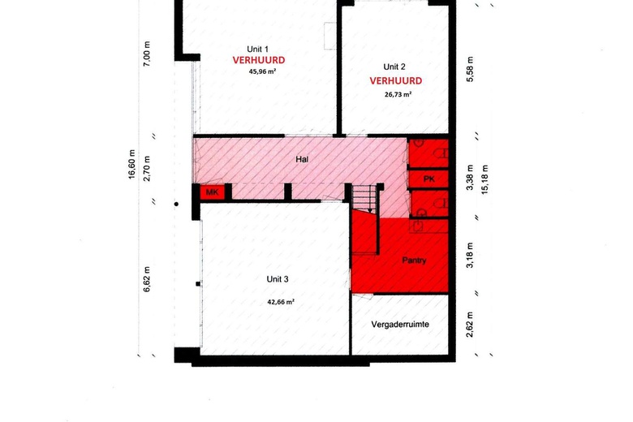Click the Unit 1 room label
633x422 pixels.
257,50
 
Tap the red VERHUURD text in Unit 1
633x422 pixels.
259,60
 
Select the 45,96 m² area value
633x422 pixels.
262,72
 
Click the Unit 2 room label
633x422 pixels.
394,67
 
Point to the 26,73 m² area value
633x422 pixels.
398,94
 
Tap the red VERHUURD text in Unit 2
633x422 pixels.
396,81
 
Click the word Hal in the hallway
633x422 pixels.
302,160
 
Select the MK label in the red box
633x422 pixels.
213,192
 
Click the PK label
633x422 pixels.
429,179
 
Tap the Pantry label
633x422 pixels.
414,261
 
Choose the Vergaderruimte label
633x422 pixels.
400,325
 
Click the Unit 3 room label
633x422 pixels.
278,279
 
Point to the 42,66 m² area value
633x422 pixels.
281,302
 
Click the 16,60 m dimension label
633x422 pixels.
131,165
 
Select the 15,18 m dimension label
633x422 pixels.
484,179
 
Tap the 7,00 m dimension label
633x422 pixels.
147,54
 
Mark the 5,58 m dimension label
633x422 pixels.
470,70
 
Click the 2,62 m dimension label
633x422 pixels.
470,325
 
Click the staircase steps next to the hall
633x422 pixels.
364,198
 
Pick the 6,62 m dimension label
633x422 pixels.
147,279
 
